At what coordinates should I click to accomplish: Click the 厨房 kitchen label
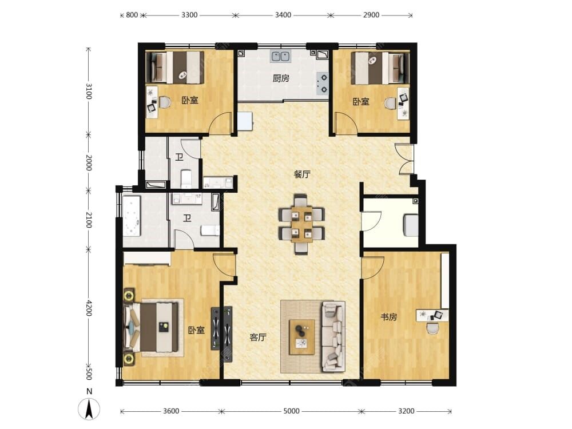click(281, 78)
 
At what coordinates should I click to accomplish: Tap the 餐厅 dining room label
click(302, 174)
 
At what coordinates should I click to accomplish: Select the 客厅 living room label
click(258, 337)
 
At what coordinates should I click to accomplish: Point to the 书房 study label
click(389, 317)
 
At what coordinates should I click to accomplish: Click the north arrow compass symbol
click(89, 408)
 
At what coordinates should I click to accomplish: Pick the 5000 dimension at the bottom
click(292, 411)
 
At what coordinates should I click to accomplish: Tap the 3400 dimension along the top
click(283, 15)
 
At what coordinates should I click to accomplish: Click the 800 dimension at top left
click(132, 15)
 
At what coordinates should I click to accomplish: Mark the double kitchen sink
click(280, 57)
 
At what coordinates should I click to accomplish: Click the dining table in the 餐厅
click(301, 224)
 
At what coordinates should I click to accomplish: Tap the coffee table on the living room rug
click(302, 337)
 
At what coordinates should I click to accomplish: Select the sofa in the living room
click(333, 336)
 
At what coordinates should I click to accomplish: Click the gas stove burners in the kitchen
click(323, 83)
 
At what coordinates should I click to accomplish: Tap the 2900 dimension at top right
click(371, 15)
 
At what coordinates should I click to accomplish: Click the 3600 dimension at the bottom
click(171, 411)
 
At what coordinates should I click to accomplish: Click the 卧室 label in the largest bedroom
click(196, 330)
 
